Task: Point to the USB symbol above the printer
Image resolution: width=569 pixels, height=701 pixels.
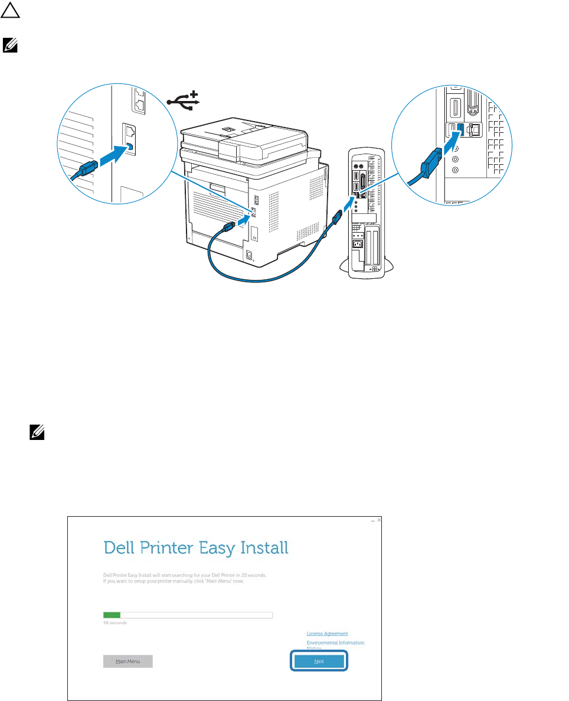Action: tap(184, 101)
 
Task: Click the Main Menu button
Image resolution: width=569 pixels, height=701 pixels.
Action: tap(127, 661)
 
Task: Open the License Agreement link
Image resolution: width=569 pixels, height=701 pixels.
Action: tap(327, 634)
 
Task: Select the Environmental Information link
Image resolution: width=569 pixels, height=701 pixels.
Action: tap(335, 643)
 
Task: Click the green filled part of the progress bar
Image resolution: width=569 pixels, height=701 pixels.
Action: tap(112, 615)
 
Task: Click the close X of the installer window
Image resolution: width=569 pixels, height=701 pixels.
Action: tap(379, 520)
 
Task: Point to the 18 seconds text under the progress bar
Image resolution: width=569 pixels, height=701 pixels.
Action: tap(115, 622)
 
